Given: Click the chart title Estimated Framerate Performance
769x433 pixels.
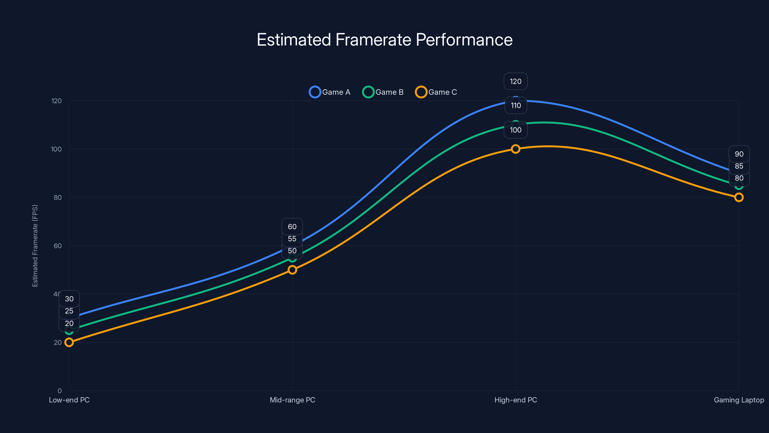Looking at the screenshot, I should point(384,40).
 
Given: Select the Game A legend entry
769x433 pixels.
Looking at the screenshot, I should point(329,92).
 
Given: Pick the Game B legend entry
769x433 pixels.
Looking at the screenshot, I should point(383,92).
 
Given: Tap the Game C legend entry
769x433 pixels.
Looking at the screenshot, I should point(436,92).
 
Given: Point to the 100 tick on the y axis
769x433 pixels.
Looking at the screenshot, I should point(56,149).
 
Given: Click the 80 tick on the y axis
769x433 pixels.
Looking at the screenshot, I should point(58,197).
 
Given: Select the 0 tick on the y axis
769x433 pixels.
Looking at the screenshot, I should point(59,391).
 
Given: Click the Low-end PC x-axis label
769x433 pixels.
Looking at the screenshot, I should point(69,400).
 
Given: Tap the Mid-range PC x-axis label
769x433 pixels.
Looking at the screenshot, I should point(292,400).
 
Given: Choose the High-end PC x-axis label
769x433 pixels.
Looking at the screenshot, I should point(515,400).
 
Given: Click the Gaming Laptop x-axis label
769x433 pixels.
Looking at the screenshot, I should point(738,400).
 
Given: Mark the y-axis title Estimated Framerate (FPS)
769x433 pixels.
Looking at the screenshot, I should point(35,246).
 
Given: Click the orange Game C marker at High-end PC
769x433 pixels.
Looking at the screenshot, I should point(515,149).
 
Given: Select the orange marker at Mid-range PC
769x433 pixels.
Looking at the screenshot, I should point(292,270).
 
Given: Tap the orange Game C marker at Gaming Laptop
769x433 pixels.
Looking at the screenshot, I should point(738,197).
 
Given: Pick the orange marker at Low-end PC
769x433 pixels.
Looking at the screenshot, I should point(69,342).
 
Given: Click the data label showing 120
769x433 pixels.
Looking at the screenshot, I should point(515,81).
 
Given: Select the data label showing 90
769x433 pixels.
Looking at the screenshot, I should point(739,154).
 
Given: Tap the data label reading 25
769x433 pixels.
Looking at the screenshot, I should point(69,311).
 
